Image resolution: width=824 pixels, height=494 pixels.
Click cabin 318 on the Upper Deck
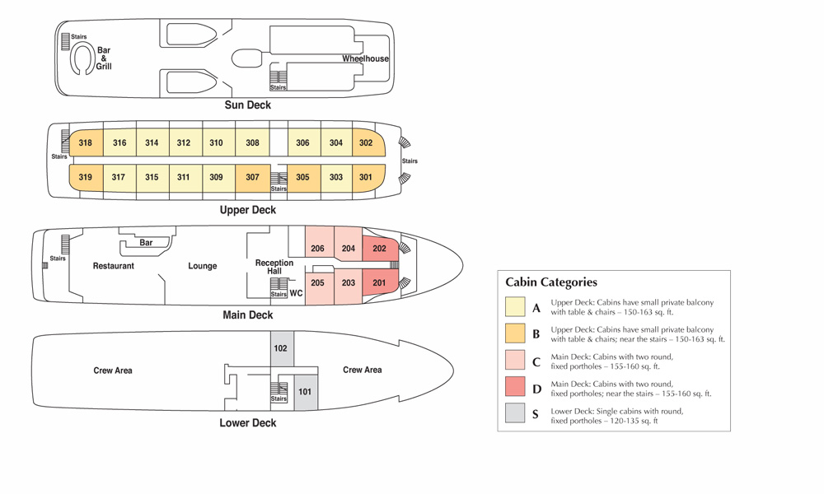86,143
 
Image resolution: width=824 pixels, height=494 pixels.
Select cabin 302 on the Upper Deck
366,143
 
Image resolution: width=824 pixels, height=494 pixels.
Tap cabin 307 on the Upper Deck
252,177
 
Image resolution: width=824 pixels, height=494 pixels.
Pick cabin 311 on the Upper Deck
183,177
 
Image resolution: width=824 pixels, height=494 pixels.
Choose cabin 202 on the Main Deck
380,249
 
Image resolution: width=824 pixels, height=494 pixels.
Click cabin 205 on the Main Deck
318,283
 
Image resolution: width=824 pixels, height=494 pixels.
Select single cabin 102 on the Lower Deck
281,348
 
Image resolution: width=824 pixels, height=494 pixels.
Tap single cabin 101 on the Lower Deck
305,391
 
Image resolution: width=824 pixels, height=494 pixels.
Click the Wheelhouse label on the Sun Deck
365,59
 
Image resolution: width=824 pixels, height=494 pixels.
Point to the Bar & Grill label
104,58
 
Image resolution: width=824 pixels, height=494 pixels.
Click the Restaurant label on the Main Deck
114,266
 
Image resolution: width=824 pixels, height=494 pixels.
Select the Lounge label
203,266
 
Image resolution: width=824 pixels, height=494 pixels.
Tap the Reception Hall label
274,267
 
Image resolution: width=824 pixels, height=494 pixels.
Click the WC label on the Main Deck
297,293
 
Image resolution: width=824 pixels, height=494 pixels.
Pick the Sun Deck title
248,105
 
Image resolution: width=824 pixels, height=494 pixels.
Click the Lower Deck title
248,423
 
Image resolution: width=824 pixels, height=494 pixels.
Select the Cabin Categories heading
551,282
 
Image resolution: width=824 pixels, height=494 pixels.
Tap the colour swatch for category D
516,386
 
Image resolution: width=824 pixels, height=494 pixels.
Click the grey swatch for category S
516,413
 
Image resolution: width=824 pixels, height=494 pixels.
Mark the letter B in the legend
536,334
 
